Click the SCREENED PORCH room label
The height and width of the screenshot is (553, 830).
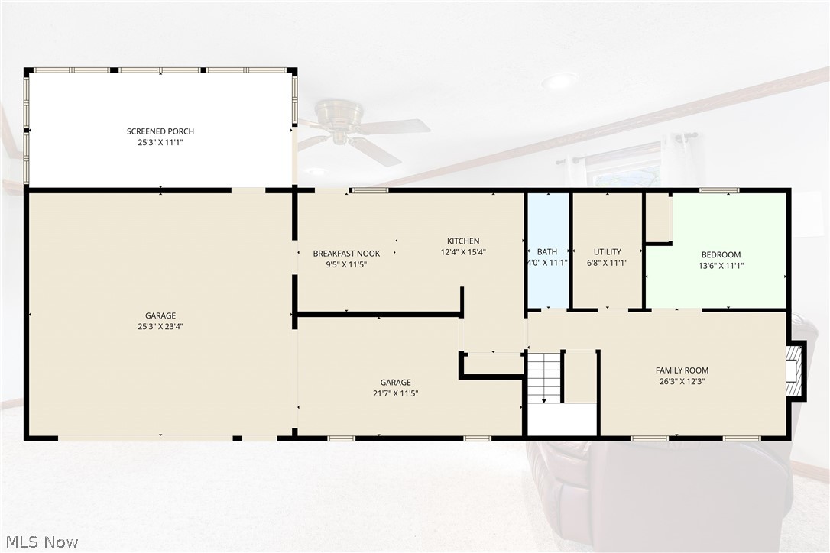pyautogui.click(x=160, y=131)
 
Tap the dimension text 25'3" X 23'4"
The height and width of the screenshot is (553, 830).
pyautogui.click(x=160, y=326)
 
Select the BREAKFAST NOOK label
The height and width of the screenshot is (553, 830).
pyautogui.click(x=346, y=254)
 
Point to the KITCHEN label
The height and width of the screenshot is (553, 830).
pyautogui.click(x=463, y=241)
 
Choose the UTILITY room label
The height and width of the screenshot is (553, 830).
pyautogui.click(x=607, y=252)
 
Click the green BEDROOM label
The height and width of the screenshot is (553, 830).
pyautogui.click(x=721, y=254)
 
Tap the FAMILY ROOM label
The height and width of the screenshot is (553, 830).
pyautogui.click(x=682, y=370)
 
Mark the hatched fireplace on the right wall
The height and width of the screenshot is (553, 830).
pyautogui.click(x=795, y=371)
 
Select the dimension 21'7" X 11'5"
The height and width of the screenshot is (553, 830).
pyautogui.click(x=395, y=393)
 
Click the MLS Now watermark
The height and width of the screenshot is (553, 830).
pyautogui.click(x=42, y=542)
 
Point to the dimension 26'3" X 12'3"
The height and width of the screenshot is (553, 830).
pyautogui.click(x=682, y=381)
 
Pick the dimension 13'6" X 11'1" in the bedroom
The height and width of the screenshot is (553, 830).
pyautogui.click(x=721, y=266)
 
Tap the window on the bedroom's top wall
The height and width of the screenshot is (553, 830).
pyautogui.click(x=719, y=190)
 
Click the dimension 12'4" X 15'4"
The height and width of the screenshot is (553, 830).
pyautogui.click(x=463, y=252)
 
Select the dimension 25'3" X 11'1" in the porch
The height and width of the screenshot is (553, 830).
pyautogui.click(x=160, y=142)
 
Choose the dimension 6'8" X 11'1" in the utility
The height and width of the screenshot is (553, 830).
pyautogui.click(x=607, y=263)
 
